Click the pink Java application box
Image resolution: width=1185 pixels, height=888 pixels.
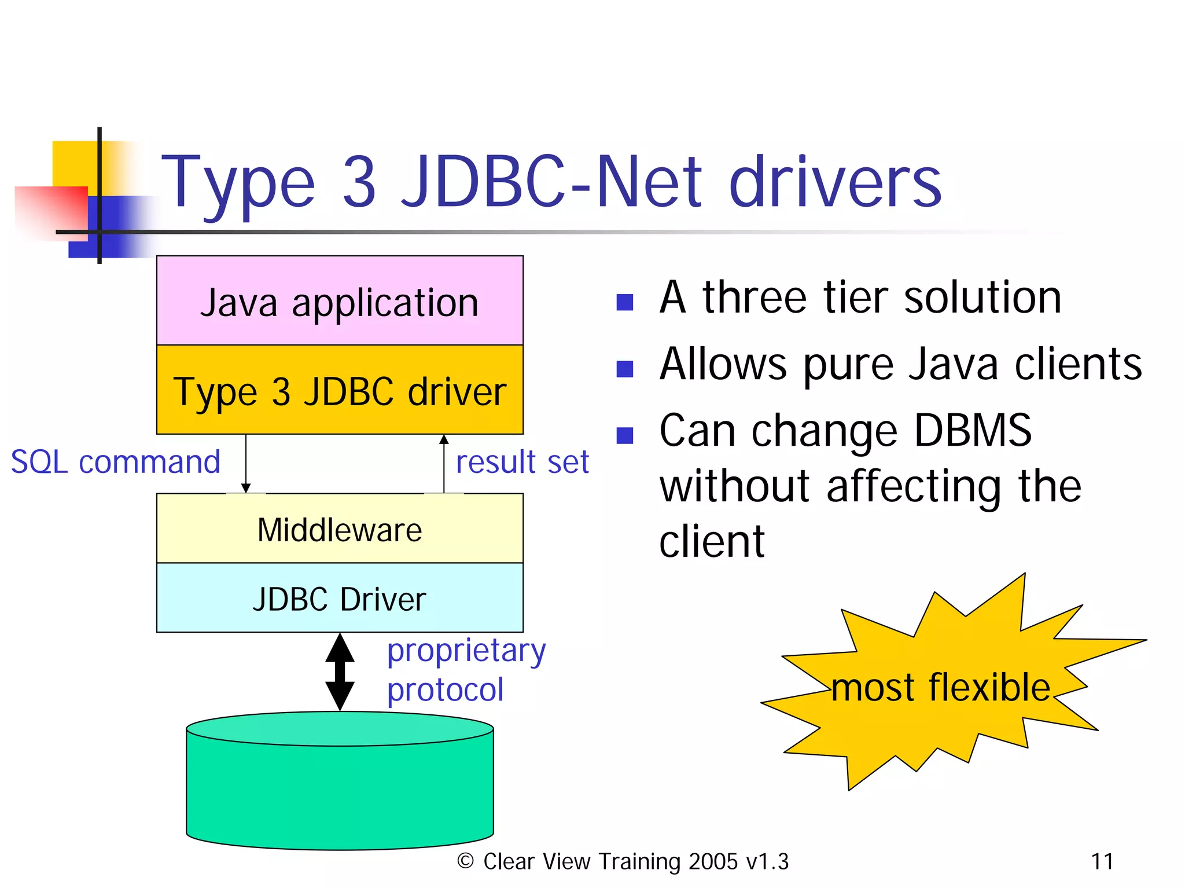point(340,301)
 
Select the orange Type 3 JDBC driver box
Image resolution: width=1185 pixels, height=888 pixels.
point(340,391)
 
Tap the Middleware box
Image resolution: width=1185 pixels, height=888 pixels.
point(340,529)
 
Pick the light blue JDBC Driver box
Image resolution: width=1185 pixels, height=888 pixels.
point(340,599)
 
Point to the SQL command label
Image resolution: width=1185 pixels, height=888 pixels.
point(116,462)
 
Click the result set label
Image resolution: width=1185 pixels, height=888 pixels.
point(522,462)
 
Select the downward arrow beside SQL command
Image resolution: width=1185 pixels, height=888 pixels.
point(246,463)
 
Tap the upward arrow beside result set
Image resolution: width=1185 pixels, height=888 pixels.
point(444,463)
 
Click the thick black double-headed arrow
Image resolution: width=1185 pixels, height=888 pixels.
point(340,671)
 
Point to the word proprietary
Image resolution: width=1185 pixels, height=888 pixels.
point(466,651)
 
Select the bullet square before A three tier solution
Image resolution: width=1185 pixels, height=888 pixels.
point(625,302)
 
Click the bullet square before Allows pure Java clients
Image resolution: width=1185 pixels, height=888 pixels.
point(625,369)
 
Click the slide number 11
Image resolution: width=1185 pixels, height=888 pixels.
point(1102,861)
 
